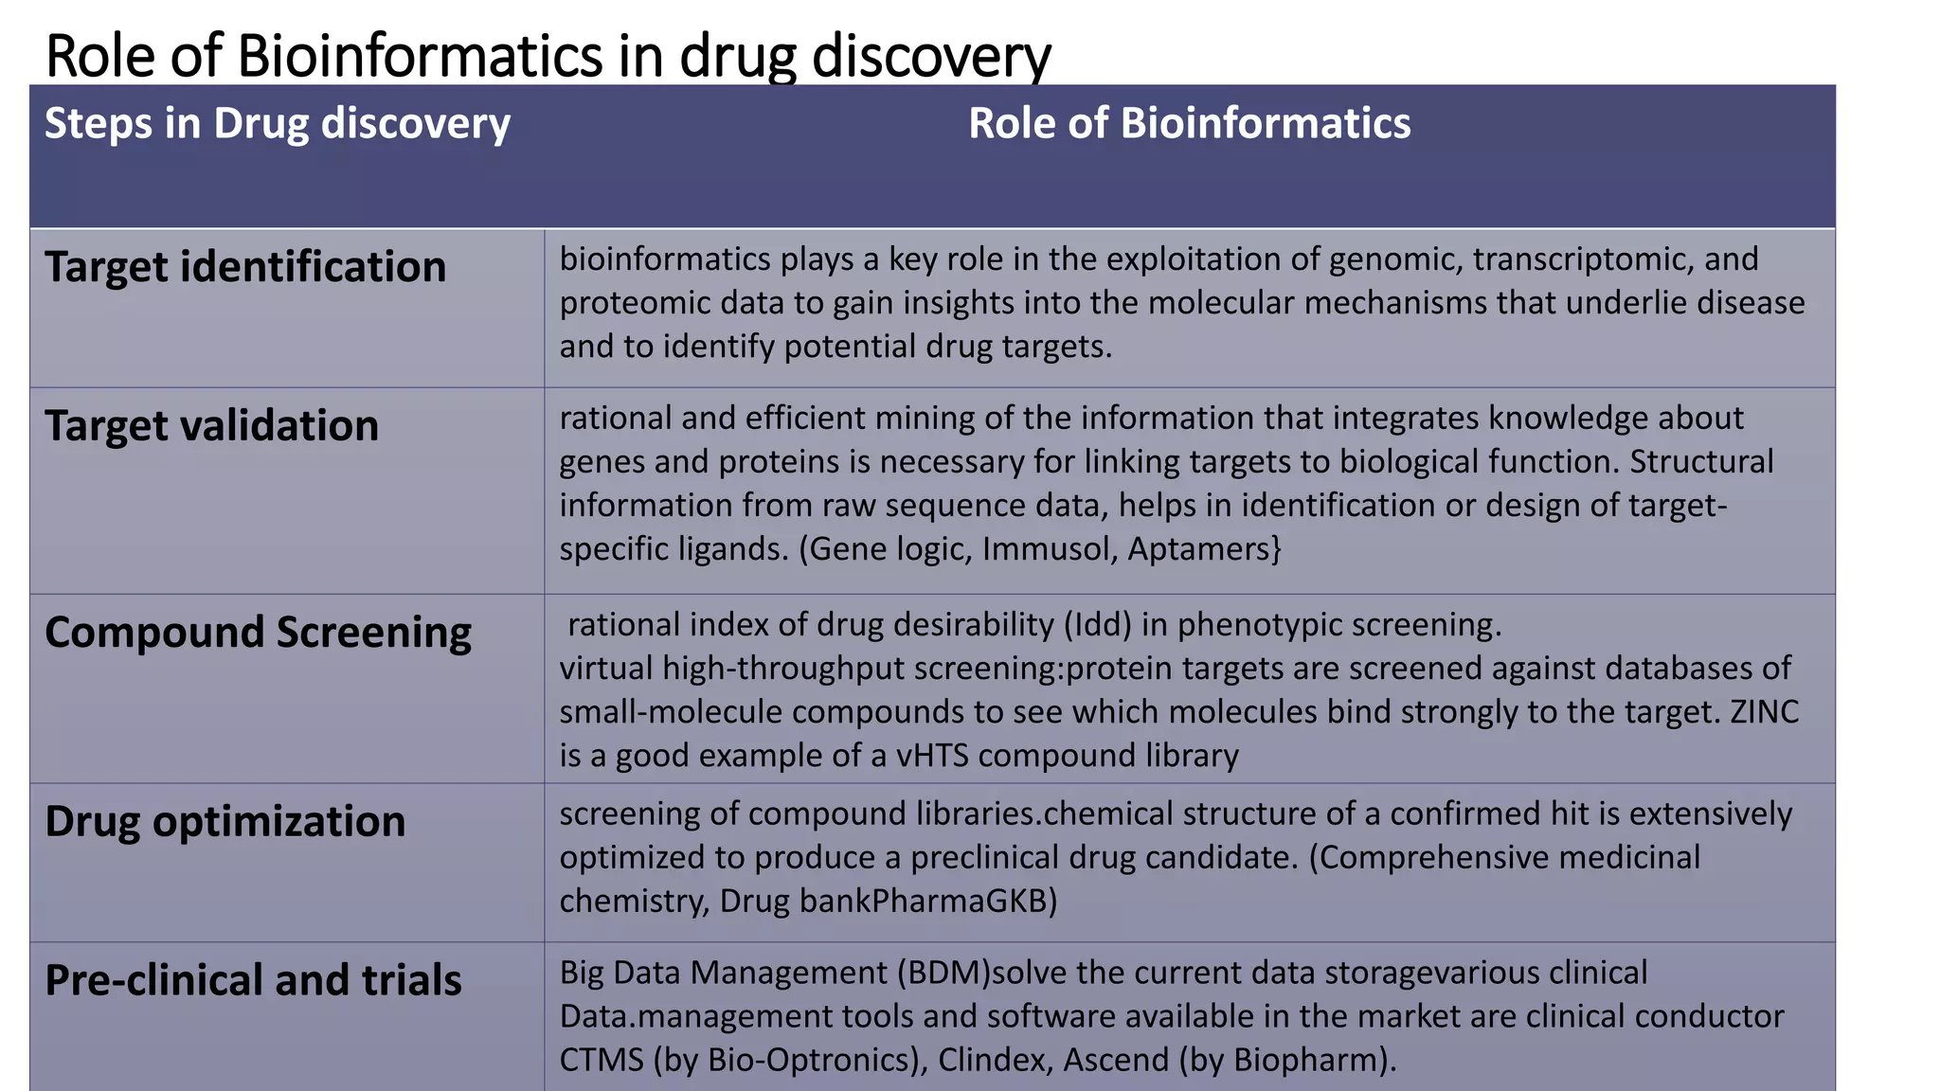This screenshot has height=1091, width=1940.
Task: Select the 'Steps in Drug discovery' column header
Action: (x=277, y=124)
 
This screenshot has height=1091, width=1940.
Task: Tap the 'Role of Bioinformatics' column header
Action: (x=1189, y=124)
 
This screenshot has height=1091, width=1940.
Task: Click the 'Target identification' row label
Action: (x=245, y=267)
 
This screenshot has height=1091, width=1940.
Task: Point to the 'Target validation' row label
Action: (x=211, y=426)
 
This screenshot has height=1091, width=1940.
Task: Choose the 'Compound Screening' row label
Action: (x=258, y=633)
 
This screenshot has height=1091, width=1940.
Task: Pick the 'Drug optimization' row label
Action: (x=225, y=821)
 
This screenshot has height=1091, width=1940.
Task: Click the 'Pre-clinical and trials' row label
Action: (x=253, y=980)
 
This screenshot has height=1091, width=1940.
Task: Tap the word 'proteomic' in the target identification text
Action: (x=629, y=303)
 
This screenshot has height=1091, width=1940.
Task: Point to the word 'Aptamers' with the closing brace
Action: (x=1204, y=549)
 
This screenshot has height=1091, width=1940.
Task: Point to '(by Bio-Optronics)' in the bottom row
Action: (x=791, y=1060)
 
